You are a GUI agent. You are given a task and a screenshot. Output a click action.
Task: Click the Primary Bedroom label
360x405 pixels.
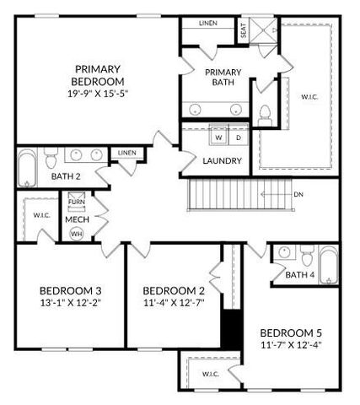pos(99,75)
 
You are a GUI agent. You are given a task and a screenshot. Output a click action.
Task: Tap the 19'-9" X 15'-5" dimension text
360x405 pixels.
pos(99,94)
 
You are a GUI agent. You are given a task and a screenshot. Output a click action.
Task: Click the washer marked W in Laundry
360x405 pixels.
pos(218,136)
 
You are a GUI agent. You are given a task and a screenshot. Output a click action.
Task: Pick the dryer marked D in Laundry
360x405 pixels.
pos(238,136)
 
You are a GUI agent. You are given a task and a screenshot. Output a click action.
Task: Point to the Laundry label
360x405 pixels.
pos(223,160)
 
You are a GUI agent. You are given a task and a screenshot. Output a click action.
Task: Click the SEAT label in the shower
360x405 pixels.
pos(243,32)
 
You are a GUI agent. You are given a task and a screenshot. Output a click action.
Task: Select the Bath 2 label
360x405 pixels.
pos(66,176)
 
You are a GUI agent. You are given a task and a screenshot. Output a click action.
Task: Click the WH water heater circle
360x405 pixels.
pos(77,234)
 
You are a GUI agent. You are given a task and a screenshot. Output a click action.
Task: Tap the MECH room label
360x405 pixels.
pos(77,219)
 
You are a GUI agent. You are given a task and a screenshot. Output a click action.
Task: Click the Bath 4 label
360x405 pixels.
pos(300,275)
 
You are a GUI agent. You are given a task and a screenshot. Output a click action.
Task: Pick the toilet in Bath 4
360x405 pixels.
pos(307,254)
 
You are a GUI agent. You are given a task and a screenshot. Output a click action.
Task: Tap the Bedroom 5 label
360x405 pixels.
pos(289,332)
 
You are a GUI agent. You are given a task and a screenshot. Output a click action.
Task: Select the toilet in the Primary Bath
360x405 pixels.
pos(264,113)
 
